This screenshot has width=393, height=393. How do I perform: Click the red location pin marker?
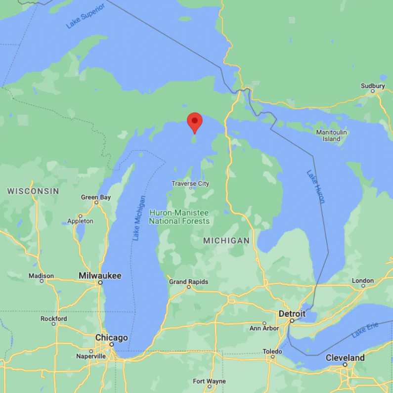tap(195, 122)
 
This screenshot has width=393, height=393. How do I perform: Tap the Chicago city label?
tap(111, 338)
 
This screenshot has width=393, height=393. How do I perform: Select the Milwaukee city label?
tap(100, 275)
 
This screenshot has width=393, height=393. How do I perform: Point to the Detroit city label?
tap(292, 314)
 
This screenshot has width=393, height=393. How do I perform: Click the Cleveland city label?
tap(345, 357)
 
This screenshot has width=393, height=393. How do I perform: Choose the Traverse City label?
tap(190, 183)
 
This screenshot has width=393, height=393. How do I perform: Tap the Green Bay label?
tap(96, 197)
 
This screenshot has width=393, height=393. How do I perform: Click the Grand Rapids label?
tap(188, 282)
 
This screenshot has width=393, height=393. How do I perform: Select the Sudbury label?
tap(372, 86)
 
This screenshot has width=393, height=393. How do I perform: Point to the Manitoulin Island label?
tap(332, 135)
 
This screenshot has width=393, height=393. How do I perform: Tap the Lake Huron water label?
tap(315, 187)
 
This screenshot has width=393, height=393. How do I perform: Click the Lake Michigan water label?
tap(139, 218)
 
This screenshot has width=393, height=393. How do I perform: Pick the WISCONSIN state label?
tap(33, 191)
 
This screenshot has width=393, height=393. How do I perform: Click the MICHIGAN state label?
tap(226, 240)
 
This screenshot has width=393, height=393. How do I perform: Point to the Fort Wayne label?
tap(209, 381)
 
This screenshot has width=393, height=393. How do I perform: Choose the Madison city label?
tap(42, 276)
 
